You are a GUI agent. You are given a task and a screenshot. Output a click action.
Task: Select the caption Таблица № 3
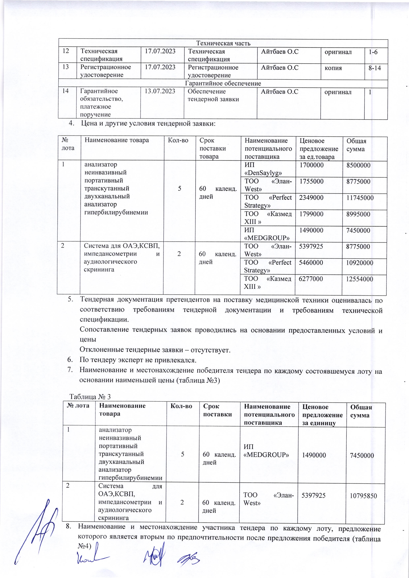pyautogui.click(x=90, y=397)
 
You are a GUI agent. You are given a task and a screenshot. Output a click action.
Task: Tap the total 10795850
pyautogui.click(x=363, y=496)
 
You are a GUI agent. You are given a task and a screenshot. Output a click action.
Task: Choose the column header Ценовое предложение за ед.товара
pyautogui.click(x=319, y=149)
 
